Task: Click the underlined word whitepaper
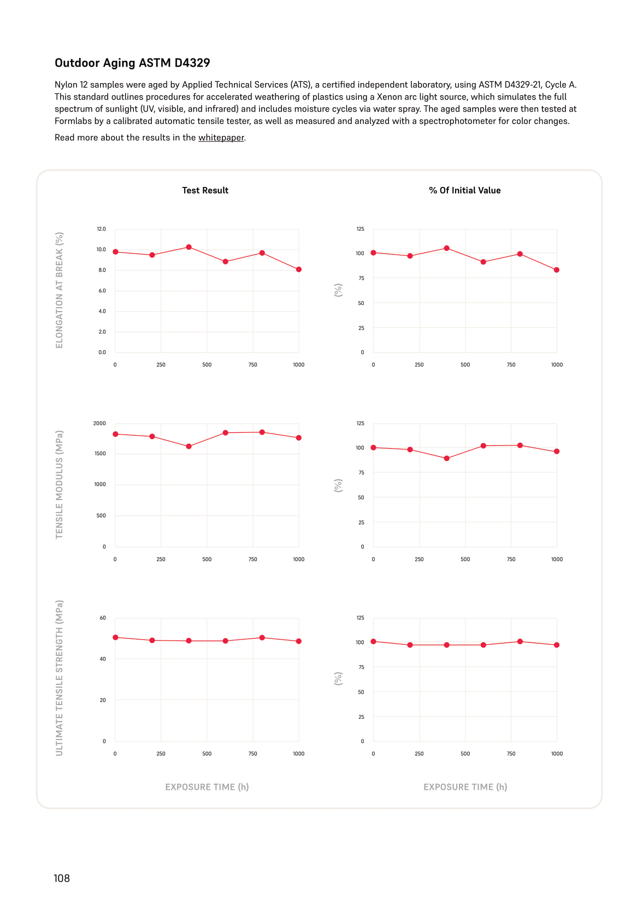click(x=221, y=138)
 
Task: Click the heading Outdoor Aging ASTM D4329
click(x=132, y=63)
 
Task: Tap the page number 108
click(x=62, y=878)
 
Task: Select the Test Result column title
click(x=205, y=191)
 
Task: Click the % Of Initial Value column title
click(x=464, y=191)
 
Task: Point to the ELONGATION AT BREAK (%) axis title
click(x=60, y=290)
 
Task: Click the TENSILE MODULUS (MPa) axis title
click(x=60, y=484)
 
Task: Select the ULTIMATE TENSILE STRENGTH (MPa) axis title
click(x=60, y=678)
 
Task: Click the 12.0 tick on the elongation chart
click(x=101, y=229)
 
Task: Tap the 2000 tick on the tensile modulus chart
click(x=99, y=424)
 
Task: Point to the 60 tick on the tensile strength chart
click(x=103, y=618)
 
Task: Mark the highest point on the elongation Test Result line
click(x=189, y=247)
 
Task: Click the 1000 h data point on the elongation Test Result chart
click(x=298, y=269)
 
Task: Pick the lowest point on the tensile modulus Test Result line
click(x=189, y=447)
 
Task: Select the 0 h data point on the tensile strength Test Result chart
click(x=115, y=638)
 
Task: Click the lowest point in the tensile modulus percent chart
click(x=446, y=459)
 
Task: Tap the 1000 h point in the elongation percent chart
click(x=557, y=270)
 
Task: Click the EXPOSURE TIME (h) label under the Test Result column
click(x=207, y=787)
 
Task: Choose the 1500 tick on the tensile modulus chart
click(x=100, y=454)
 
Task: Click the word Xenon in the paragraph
click(x=390, y=97)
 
